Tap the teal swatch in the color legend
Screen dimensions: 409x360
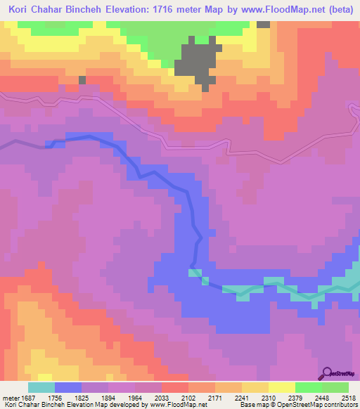[x=41, y=387]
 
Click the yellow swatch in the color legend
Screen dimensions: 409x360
[x=281, y=387]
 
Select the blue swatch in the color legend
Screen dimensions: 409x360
[x=68, y=387]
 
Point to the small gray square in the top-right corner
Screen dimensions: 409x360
[x=264, y=24]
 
